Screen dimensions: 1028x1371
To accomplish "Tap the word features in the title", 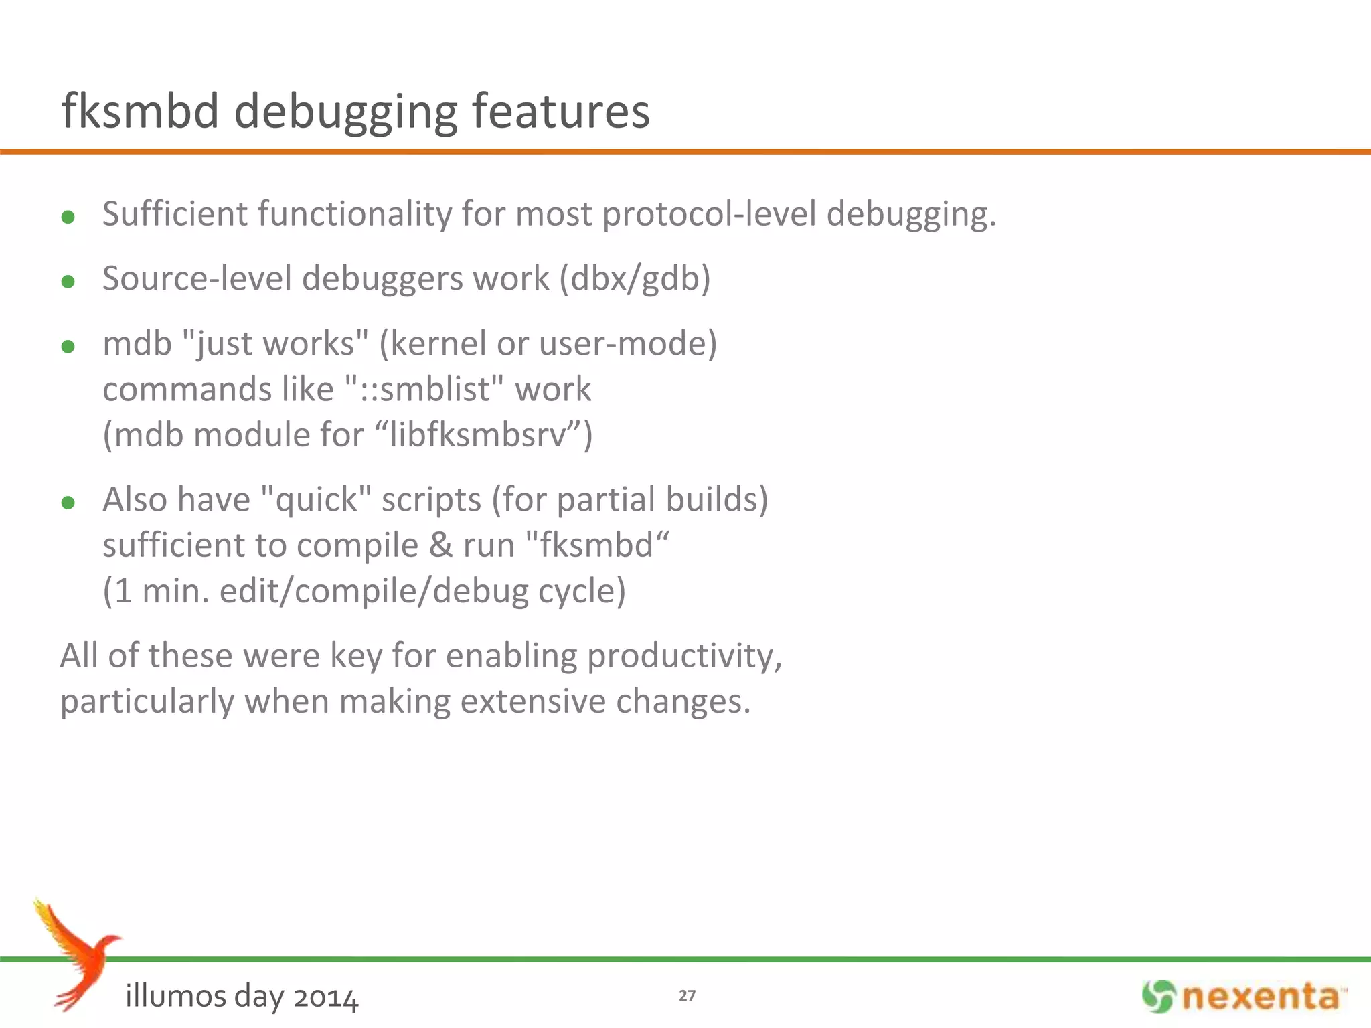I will [561, 111].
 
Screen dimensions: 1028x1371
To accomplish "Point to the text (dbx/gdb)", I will [635, 279].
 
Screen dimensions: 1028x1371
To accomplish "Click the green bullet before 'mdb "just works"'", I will [68, 346].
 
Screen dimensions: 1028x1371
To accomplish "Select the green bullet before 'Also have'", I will [68, 502].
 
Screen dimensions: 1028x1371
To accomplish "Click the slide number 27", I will [687, 996].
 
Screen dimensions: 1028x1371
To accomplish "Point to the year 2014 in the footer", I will [325, 997].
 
